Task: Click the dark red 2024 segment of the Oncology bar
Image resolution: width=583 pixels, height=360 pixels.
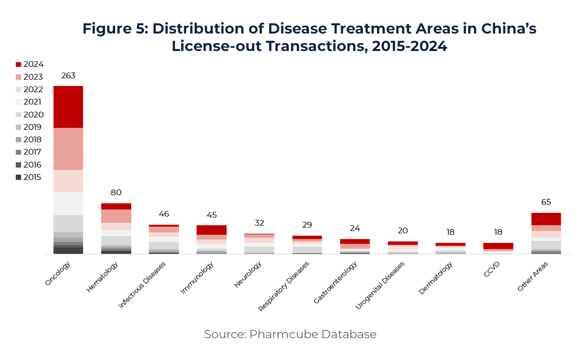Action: (x=68, y=107)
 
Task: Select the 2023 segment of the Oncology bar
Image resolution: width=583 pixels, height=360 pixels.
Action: (x=68, y=149)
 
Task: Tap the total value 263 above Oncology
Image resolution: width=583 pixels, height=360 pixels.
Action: (x=68, y=76)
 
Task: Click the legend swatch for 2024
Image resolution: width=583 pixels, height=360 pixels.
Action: (x=18, y=64)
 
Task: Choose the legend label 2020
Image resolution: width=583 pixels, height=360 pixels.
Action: (x=34, y=115)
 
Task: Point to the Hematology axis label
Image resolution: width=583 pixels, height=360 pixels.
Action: (x=103, y=277)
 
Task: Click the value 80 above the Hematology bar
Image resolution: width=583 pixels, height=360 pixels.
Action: (x=116, y=192)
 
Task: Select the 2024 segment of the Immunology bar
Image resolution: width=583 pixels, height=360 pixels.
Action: (x=211, y=230)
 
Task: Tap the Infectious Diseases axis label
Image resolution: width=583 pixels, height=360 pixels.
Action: (x=142, y=285)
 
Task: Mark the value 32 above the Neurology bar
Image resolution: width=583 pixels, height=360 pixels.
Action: (x=259, y=223)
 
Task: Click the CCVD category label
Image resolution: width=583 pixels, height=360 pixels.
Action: (x=491, y=269)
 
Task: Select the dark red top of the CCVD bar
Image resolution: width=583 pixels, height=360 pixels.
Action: (x=498, y=246)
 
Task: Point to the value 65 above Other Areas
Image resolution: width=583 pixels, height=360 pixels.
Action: (x=546, y=202)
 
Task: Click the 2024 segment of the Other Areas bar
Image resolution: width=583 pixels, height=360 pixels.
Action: (x=546, y=219)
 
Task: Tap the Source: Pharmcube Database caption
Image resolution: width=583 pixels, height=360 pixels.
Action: (x=290, y=334)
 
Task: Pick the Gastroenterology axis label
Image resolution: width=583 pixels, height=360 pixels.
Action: (x=336, y=282)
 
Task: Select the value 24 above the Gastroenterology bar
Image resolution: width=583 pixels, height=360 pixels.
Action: (x=355, y=228)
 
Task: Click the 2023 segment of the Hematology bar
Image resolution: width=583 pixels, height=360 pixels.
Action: (x=116, y=216)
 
